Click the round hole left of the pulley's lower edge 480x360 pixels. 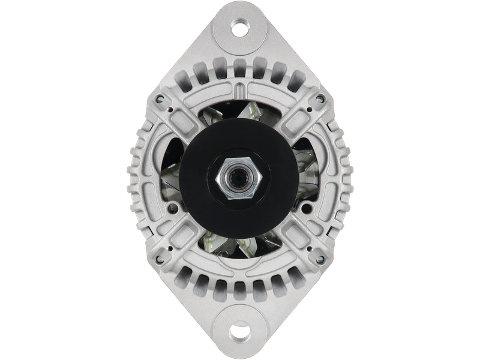click(x=174, y=208)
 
